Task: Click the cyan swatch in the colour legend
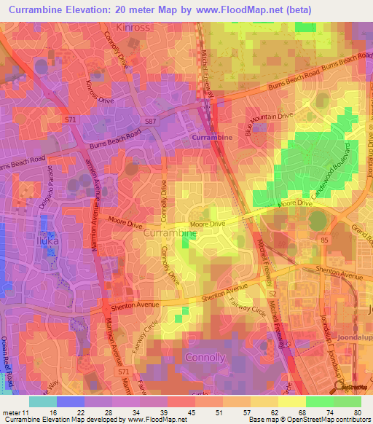pyautogui.click(x=43, y=401)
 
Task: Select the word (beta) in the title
pyautogui.click(x=332, y=9)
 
